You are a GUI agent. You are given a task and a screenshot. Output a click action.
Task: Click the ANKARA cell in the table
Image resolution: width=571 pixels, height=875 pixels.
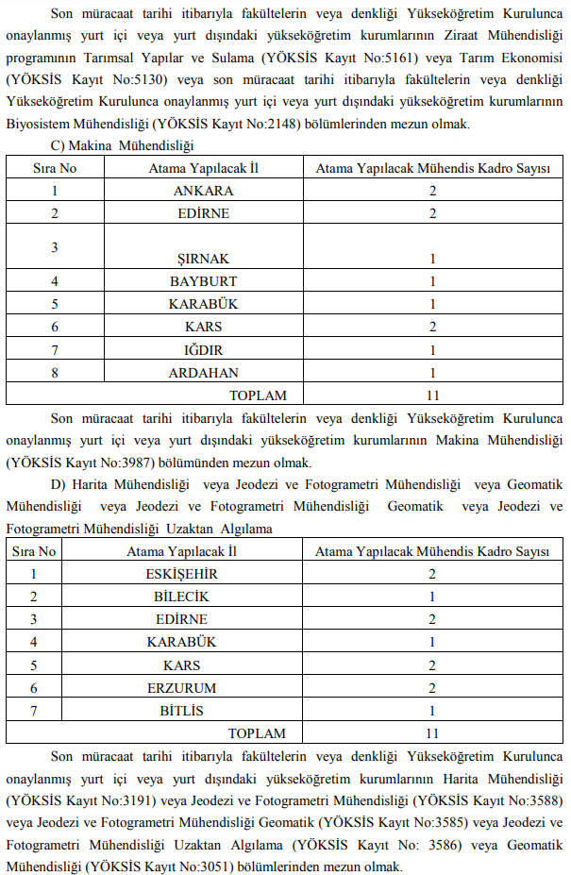click(204, 191)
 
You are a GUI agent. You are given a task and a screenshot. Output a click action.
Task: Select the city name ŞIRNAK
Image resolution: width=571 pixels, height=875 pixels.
click(204, 259)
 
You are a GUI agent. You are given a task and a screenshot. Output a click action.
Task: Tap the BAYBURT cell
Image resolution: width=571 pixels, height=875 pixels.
click(204, 281)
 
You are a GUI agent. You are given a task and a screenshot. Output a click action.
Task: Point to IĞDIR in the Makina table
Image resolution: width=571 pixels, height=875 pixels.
click(204, 350)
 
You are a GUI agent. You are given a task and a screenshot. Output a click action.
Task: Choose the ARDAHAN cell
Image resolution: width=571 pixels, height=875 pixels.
click(204, 373)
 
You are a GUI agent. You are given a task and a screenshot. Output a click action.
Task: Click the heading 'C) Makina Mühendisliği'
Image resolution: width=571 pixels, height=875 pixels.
click(122, 145)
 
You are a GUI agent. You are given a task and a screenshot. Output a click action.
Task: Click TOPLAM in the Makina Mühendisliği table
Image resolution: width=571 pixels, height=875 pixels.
click(258, 395)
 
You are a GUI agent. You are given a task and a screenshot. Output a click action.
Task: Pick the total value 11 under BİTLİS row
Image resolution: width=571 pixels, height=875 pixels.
click(432, 732)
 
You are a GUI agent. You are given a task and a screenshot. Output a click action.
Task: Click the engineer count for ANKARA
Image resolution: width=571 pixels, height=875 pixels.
click(432, 191)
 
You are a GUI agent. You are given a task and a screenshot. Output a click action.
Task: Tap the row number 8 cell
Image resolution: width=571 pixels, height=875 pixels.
click(55, 373)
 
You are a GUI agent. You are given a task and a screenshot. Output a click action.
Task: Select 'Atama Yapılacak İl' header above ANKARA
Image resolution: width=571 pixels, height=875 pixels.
click(204, 168)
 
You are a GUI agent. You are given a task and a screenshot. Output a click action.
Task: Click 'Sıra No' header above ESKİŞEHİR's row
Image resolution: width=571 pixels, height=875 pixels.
click(33, 551)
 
